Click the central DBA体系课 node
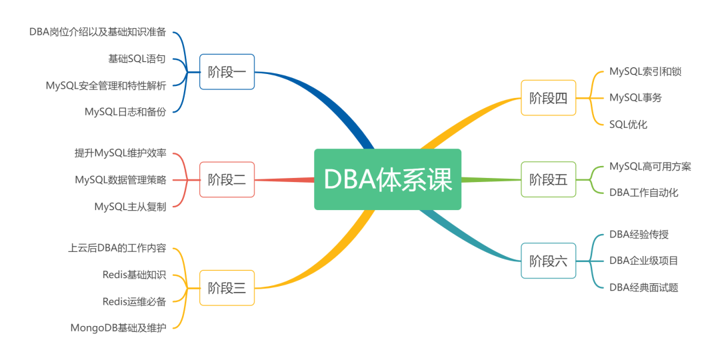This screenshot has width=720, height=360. point(387,179)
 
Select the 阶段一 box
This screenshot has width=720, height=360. point(227,72)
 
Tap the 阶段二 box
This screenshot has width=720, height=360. point(227,179)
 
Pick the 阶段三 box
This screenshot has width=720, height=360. point(227,288)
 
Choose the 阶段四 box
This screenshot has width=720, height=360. point(548,98)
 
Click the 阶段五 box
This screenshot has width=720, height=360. point(548,179)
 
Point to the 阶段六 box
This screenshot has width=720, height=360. point(548,261)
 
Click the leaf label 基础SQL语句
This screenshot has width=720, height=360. point(137,59)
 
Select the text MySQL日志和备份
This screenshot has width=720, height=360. point(125,111)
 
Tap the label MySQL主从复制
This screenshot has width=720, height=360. point(130,206)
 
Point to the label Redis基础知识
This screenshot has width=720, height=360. point(134,275)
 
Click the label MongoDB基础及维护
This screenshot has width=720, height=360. point(118,327)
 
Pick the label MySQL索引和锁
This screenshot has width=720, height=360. point(645,71)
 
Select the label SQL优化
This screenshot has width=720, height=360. point(628,124)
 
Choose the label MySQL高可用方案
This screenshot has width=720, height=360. point(650,166)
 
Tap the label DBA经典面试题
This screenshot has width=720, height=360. point(643,287)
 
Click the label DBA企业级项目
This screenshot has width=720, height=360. point(643,260)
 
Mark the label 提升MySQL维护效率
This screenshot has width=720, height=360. point(121,153)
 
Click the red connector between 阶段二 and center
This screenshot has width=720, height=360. point(284,179)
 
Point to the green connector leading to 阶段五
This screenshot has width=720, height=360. point(491,179)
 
